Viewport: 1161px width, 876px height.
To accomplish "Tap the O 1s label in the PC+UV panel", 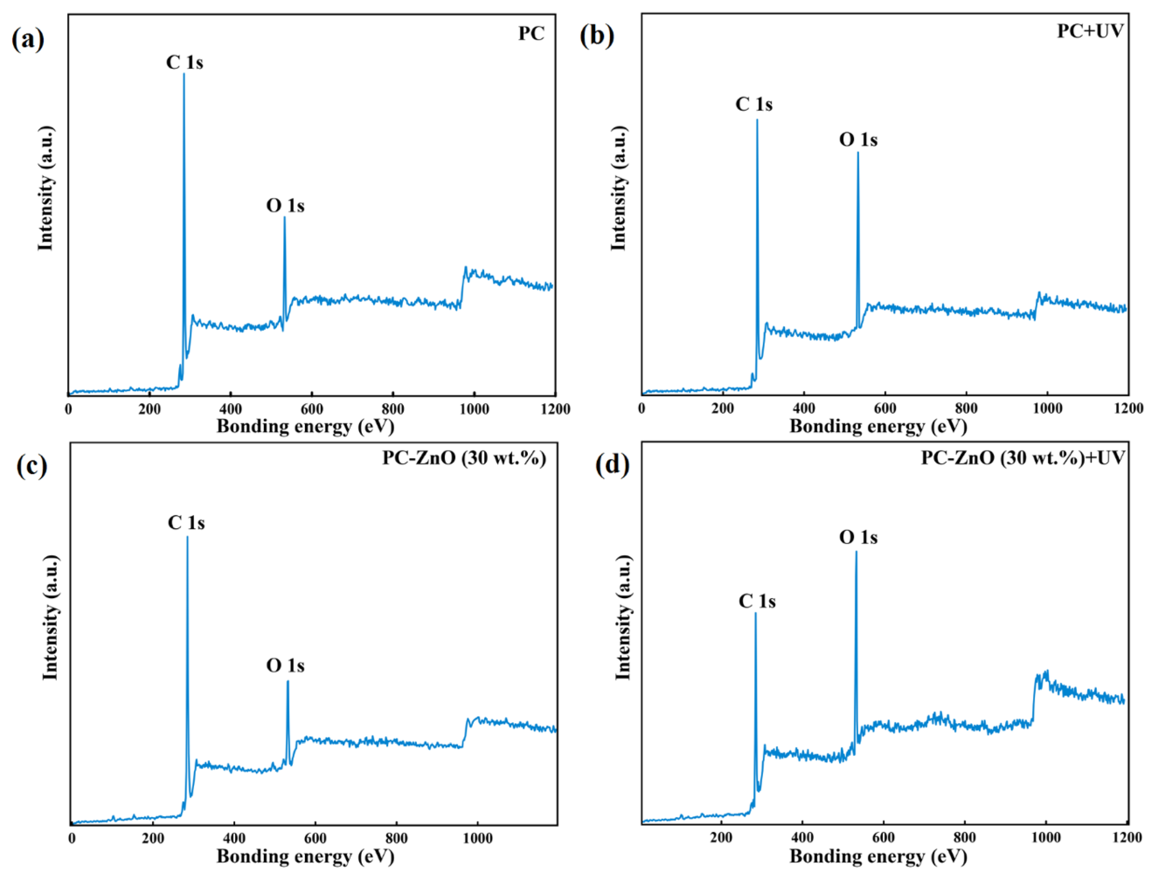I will tap(858, 139).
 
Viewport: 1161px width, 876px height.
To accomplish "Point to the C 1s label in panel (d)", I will tap(757, 601).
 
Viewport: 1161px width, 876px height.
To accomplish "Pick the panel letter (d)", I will tap(612, 465).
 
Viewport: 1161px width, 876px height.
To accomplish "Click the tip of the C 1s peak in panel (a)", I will tap(184, 74).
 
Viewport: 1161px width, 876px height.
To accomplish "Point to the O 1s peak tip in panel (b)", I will tap(858, 153).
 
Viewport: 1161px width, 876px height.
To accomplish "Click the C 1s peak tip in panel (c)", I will tap(187, 537).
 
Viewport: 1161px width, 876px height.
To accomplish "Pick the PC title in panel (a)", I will tap(531, 34).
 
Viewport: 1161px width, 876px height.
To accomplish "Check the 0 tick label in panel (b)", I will tap(642, 409).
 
